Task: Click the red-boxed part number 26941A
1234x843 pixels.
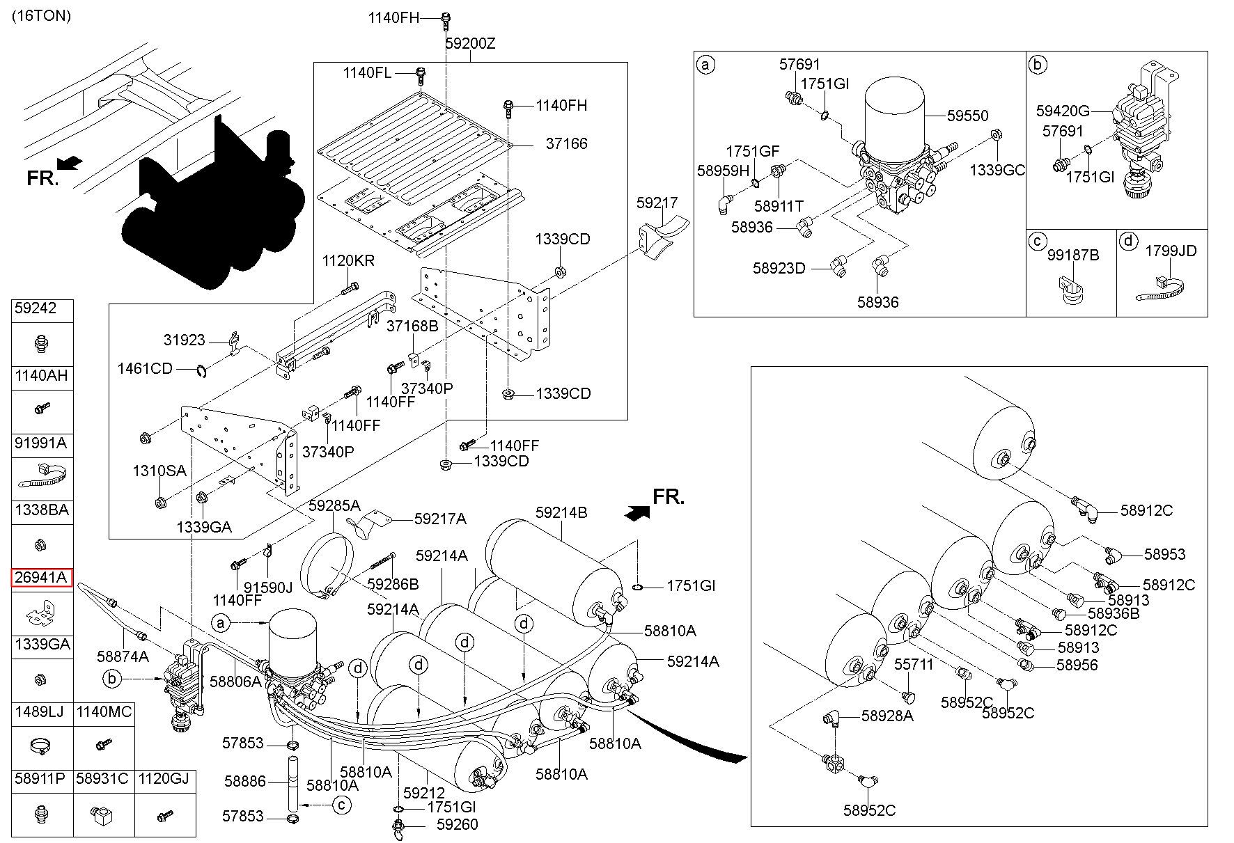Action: coord(42,577)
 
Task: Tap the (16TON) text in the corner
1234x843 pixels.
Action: coord(42,16)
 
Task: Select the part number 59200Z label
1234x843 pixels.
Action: coord(470,43)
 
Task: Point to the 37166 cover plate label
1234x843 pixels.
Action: coord(567,144)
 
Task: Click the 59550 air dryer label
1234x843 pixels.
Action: coord(967,116)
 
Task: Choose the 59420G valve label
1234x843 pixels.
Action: coord(1063,111)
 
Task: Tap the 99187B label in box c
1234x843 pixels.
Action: coord(1073,255)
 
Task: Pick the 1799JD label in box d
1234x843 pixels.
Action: coord(1171,251)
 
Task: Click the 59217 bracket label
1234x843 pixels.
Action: coord(657,203)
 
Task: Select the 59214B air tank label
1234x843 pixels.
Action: coord(561,513)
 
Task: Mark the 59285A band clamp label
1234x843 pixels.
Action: coord(335,505)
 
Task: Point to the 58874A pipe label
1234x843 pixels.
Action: coord(123,656)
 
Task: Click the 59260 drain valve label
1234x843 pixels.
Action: coord(457,824)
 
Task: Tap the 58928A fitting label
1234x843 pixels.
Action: coord(887,716)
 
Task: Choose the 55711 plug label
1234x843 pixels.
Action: coord(914,665)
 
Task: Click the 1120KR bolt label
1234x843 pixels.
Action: coord(348,261)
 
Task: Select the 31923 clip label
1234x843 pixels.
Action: coord(185,340)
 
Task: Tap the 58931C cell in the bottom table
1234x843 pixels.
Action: coord(102,778)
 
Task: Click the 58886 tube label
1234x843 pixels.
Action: coord(245,782)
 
